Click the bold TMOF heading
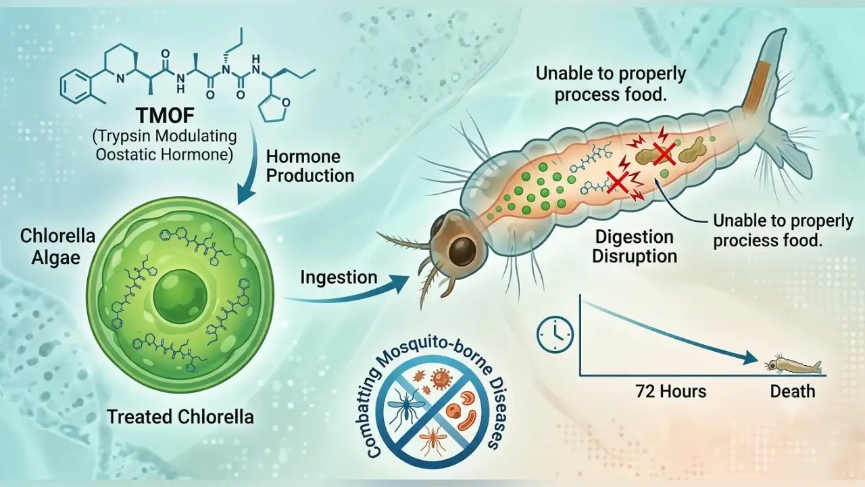click(x=166, y=116)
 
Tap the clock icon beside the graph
click(x=555, y=335)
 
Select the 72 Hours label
click(x=671, y=392)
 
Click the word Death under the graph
click(x=793, y=392)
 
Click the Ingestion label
click(x=339, y=278)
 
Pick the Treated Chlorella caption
click(x=180, y=417)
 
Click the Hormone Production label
click(x=310, y=166)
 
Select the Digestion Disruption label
click(x=635, y=247)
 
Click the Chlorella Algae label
click(x=57, y=247)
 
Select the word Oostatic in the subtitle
click(x=122, y=155)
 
